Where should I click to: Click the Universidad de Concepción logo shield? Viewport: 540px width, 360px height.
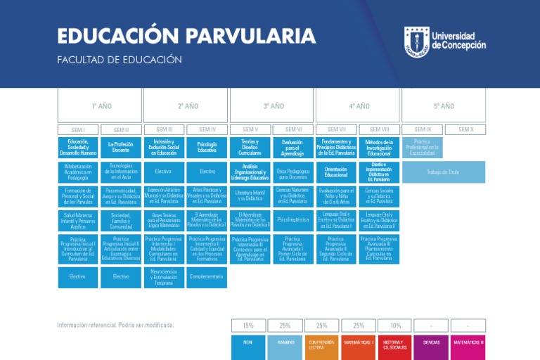[x=416, y=42]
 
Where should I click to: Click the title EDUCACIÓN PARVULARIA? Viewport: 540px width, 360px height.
[x=186, y=37]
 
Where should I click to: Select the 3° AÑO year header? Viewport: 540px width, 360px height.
[x=273, y=106]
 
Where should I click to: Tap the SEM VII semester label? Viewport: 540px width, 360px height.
[x=337, y=129]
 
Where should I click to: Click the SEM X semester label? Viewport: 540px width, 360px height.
[x=465, y=129]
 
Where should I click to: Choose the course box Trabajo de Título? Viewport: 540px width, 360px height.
[x=443, y=172]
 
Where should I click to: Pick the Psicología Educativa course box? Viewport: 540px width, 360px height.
[x=207, y=147]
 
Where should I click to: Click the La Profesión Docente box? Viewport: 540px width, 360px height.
[x=121, y=147]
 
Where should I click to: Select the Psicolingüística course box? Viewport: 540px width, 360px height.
[x=293, y=219]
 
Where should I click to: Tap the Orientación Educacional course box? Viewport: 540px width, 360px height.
[x=336, y=172]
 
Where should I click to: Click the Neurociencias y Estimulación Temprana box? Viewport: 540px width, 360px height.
[x=163, y=277]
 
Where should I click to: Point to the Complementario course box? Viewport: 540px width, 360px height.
[x=207, y=277]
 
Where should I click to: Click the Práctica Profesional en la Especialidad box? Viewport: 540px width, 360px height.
[x=423, y=147]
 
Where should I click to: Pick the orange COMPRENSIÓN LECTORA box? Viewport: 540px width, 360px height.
[x=321, y=345]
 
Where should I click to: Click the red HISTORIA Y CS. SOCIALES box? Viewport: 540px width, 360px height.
[x=394, y=345]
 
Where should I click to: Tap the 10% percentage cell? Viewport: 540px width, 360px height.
[x=395, y=326]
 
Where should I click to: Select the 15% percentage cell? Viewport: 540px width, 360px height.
[x=248, y=326]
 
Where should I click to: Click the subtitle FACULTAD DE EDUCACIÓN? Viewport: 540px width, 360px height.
[x=120, y=60]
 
